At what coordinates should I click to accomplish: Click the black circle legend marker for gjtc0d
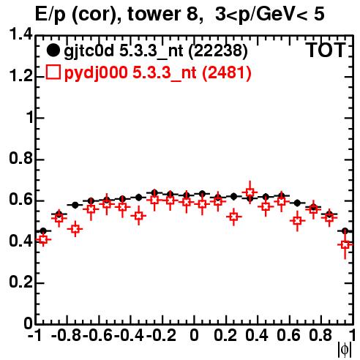coord(53,50)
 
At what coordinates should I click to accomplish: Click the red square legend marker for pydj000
coord(53,72)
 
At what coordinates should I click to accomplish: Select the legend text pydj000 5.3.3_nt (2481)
coord(158,73)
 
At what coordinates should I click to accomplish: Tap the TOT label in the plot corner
coord(326,50)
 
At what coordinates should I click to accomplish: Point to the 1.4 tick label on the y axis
coord(20,34)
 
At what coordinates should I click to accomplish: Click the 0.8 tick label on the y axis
coord(20,158)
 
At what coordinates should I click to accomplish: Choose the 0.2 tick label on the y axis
coord(20,282)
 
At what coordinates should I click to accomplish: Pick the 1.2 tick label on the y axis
coord(20,75)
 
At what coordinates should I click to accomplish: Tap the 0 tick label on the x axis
coord(194,335)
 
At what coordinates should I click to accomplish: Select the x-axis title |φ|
coord(345,350)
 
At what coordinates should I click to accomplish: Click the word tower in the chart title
coord(154,14)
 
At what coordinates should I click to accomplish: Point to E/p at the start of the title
coord(50,15)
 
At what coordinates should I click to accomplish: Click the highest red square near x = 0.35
coord(250,192)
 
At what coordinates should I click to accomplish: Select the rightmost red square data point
coord(345,244)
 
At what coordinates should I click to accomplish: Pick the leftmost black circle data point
coord(43,230)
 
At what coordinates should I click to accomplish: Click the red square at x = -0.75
coord(75,229)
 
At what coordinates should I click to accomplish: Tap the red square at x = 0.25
coord(234,217)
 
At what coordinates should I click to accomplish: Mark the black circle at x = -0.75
coord(75,205)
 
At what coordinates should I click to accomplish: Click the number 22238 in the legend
coord(218,50)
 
